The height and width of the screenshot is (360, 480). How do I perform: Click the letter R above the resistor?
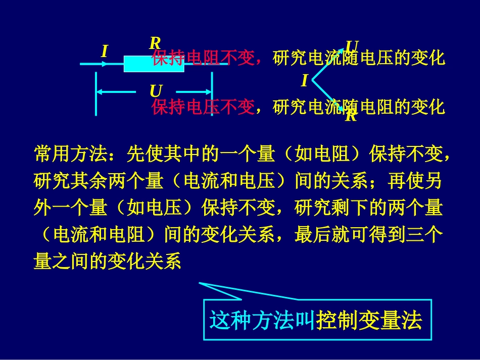(x=155, y=43)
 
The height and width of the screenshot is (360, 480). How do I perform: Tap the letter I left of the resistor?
(x=105, y=52)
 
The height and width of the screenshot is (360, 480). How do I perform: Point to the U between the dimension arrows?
(x=156, y=91)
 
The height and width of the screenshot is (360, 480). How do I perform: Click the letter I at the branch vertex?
(x=304, y=81)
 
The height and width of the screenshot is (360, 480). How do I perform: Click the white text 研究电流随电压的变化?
(x=359, y=59)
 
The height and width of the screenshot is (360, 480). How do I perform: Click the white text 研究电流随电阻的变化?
(x=359, y=107)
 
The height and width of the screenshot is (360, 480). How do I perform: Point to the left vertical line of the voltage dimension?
(x=96, y=94)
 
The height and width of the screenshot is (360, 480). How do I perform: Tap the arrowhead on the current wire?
(x=104, y=64)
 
